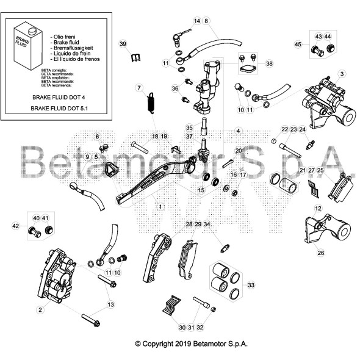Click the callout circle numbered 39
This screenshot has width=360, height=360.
click(123, 45)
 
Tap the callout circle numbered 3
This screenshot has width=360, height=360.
click(342, 74)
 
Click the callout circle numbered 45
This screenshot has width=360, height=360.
click(298, 45)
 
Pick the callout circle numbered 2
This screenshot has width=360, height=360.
click(40, 310)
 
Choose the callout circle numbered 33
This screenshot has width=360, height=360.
click(251, 284)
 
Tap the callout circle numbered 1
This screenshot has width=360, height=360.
click(161, 207)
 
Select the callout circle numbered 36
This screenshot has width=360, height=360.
click(176, 89)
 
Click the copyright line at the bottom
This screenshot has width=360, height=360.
click(192, 344)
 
